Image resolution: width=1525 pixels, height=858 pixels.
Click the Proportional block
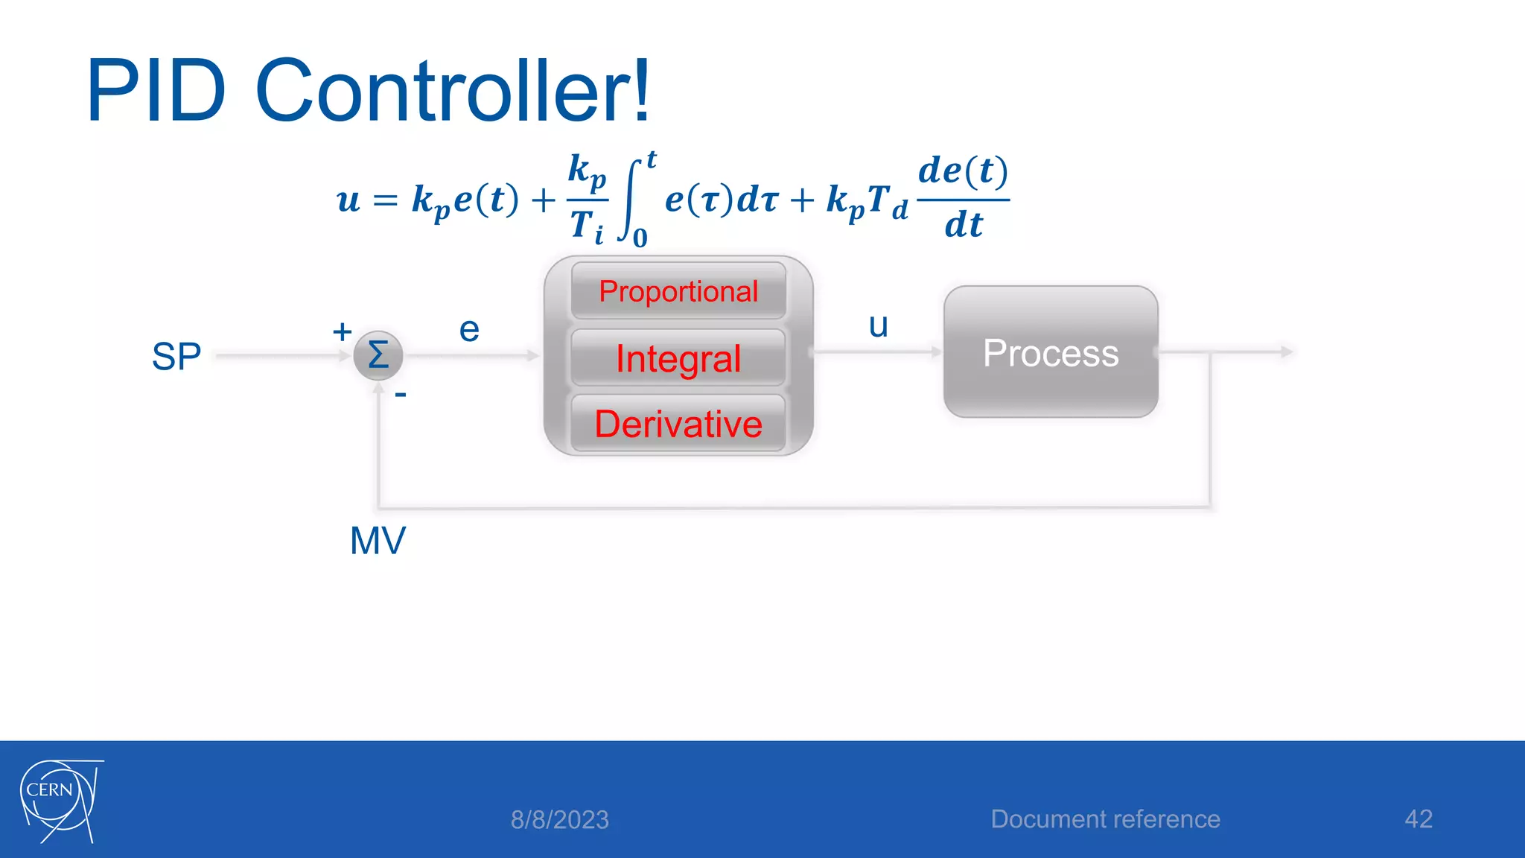678,291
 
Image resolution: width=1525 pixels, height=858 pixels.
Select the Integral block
678,358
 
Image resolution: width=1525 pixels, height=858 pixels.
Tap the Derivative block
678,424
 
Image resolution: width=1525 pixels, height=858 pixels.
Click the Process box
1051,352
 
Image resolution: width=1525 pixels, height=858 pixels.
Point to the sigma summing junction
378,355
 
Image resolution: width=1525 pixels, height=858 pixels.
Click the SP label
176,357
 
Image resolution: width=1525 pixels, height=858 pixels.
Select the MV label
378,541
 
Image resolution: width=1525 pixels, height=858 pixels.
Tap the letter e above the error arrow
469,330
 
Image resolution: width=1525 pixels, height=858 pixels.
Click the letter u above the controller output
879,325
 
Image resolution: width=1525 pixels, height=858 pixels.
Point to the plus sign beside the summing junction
342,331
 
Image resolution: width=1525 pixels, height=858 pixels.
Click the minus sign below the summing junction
401,394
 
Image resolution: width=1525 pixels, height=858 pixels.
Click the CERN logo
60,800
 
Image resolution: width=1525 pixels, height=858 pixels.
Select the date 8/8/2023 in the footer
559,820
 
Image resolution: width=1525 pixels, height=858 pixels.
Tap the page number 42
1418,819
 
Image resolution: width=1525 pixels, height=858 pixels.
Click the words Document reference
1105,819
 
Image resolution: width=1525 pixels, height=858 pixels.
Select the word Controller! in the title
453,92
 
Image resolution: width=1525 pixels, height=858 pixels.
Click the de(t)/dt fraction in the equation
963,198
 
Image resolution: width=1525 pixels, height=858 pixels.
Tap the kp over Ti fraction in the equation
587,198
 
